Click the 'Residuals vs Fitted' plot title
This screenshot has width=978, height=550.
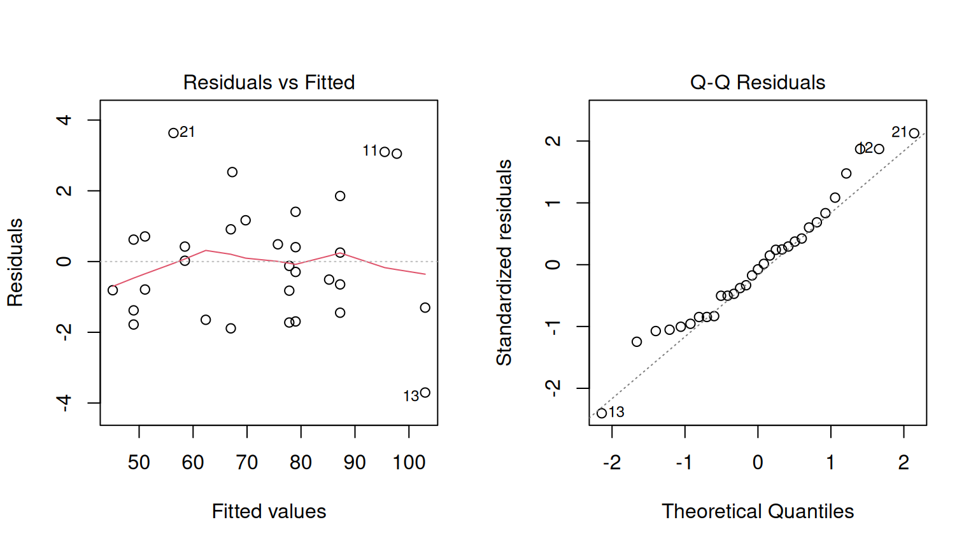pyautogui.click(x=269, y=82)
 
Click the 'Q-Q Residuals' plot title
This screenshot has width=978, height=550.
pyautogui.click(x=757, y=82)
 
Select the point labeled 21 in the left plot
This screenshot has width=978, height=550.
pyautogui.click(x=173, y=133)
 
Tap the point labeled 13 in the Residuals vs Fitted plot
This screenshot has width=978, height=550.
pyautogui.click(x=425, y=393)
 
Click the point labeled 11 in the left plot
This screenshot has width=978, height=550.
pyautogui.click(x=385, y=152)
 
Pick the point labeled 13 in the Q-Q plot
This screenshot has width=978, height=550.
pyautogui.click(x=602, y=413)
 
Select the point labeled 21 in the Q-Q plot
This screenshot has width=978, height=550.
pyautogui.click(x=914, y=133)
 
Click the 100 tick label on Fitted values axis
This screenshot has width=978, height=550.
pyautogui.click(x=409, y=462)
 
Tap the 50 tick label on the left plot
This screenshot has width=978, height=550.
pyautogui.click(x=139, y=462)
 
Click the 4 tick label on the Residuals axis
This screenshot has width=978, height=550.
pyautogui.click(x=64, y=120)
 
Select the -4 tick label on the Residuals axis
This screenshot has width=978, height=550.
pyautogui.click(x=64, y=402)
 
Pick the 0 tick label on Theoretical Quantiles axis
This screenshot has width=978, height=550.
pyautogui.click(x=758, y=462)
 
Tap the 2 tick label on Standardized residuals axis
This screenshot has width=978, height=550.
pyautogui.click(x=553, y=141)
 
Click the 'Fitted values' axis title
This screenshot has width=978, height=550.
pyautogui.click(x=269, y=511)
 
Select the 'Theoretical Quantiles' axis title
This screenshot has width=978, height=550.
pyautogui.click(x=757, y=511)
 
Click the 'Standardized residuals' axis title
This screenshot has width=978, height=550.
pyautogui.click(x=504, y=262)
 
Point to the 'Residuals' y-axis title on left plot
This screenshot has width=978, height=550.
pyautogui.click(x=15, y=262)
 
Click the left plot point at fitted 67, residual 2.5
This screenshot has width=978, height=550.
pyautogui.click(x=232, y=172)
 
